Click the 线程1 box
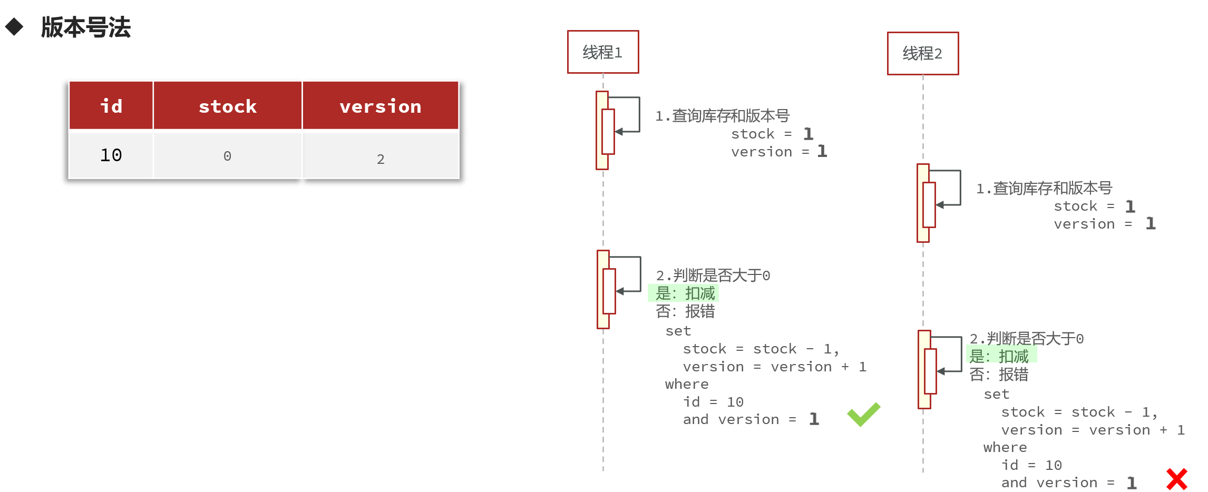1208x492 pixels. click(x=603, y=52)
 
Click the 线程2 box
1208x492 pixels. click(x=922, y=53)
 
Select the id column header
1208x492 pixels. click(x=111, y=106)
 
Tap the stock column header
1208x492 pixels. click(x=228, y=106)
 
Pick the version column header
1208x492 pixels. click(x=381, y=106)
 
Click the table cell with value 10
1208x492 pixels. click(x=111, y=155)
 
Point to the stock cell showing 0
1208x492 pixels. click(x=228, y=156)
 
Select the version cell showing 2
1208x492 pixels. click(x=381, y=159)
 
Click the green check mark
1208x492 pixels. click(x=863, y=415)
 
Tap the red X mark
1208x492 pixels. click(x=1176, y=479)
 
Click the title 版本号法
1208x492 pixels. click(x=86, y=27)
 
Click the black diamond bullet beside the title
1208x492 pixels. click(x=14, y=27)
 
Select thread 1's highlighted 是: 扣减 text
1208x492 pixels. click(x=685, y=293)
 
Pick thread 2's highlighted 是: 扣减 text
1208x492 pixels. click(x=999, y=356)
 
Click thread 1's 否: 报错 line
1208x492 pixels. click(x=685, y=311)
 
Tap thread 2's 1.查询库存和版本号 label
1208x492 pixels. click(x=1044, y=188)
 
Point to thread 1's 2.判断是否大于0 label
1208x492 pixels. click(x=713, y=275)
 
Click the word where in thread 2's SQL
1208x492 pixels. click(x=1005, y=447)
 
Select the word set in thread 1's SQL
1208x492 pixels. click(x=678, y=331)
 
